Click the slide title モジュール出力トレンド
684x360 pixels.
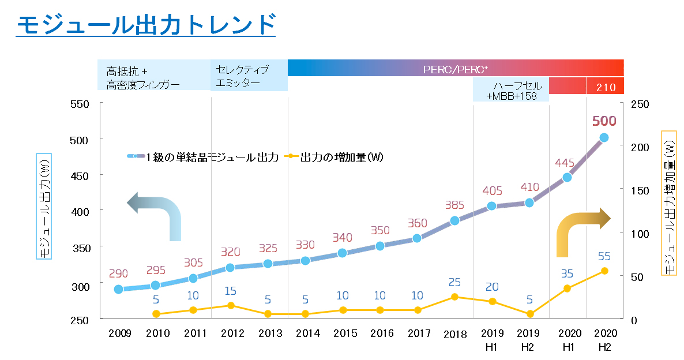pos(145,25)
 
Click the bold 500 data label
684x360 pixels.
pos(604,121)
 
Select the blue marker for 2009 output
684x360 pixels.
pos(118,289)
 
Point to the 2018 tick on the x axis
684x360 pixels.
pos(455,334)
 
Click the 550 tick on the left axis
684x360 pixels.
pos(80,104)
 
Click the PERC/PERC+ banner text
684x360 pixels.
pos(455,70)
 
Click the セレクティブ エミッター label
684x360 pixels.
pos(242,76)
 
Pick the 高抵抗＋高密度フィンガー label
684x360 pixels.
pos(143,78)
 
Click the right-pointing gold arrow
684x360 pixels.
pos(582,228)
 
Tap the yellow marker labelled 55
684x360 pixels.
pos(604,271)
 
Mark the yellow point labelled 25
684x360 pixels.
pos(454,297)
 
